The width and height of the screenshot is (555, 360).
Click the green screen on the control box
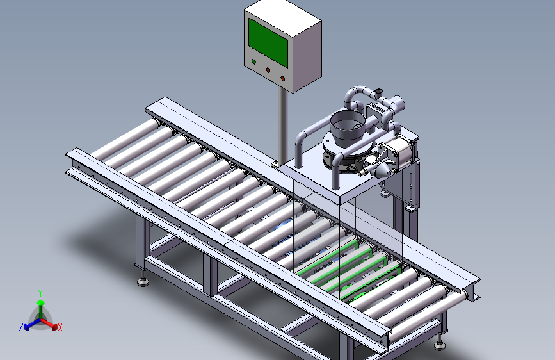[x=268, y=42]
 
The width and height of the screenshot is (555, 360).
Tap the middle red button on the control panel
[x=268, y=70]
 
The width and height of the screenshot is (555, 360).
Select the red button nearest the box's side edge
[x=282, y=78]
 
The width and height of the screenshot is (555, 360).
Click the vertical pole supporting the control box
[x=282, y=126]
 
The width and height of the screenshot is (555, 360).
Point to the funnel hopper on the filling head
[x=347, y=128]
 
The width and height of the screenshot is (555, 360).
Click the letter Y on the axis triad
[x=40, y=293]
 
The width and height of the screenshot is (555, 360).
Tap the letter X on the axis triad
[x=60, y=328]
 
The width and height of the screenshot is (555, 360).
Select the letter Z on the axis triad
[x=21, y=327]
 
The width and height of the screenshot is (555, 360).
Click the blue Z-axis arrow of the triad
[x=32, y=324]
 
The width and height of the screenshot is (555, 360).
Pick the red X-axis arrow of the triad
[x=49, y=323]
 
